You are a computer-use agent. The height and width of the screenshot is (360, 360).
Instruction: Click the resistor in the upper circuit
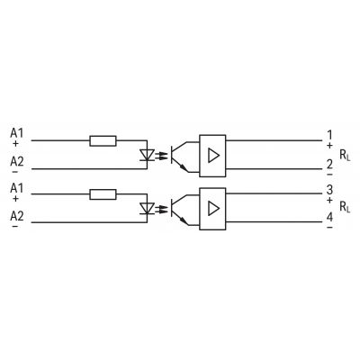pos(103,140)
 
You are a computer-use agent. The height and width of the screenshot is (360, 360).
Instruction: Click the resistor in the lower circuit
pos(103,194)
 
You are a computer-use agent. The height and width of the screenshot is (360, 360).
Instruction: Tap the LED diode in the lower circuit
pos(147,209)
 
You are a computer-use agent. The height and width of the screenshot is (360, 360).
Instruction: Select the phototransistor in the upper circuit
pos(180,156)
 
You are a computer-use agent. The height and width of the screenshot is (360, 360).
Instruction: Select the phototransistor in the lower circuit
pos(180,209)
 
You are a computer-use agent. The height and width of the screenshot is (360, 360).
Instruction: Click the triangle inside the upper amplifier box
pos(213,156)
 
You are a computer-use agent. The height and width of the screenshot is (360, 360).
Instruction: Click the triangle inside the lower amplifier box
pos(213,209)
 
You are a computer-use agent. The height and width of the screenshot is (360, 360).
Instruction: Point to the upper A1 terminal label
pos(16,132)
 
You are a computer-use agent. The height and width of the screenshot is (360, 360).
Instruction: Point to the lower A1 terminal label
pos(16,188)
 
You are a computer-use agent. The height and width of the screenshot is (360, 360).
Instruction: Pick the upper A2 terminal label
pos(17,162)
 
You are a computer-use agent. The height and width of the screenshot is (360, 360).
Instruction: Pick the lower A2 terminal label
pos(17,216)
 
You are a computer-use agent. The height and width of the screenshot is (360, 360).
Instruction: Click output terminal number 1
pos(329,135)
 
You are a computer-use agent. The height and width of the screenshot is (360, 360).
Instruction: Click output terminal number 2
pos(329,165)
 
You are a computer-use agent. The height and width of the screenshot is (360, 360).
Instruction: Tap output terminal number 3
pos(329,190)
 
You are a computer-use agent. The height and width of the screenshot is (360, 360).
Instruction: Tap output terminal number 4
pos(329,217)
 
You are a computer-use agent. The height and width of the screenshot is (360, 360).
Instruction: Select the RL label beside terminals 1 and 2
pos(345,156)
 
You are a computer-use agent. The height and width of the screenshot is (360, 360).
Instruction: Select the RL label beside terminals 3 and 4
pos(345,207)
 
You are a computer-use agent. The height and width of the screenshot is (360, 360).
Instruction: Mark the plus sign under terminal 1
pos(329,146)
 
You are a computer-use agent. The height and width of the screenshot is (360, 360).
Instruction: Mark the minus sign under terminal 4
pos(329,228)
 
